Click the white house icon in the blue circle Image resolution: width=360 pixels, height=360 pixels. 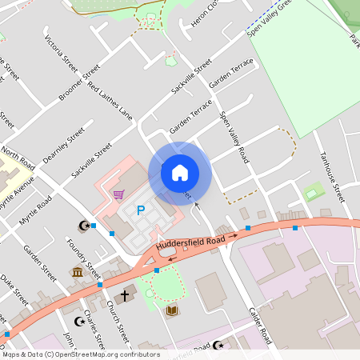[180, 172]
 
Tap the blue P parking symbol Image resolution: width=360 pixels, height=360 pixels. [141, 211]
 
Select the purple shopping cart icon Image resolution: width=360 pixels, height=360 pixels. [118, 194]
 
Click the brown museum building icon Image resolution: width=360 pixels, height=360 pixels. [78, 273]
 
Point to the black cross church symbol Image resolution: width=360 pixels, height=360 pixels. [125, 294]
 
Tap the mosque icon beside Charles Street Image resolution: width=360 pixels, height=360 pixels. [78, 321]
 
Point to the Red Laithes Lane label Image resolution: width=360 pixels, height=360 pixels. [110, 101]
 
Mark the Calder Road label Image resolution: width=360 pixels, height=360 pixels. [262, 326]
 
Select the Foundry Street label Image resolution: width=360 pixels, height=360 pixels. [84, 256]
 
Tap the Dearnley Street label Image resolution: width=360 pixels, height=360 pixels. [63, 146]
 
